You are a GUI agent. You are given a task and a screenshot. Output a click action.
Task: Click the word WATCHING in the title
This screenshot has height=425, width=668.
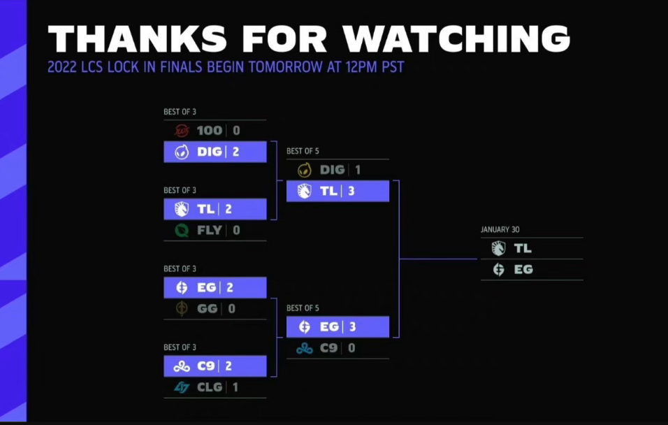pos(456,38)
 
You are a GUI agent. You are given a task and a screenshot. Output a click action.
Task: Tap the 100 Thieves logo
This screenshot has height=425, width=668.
pos(182,131)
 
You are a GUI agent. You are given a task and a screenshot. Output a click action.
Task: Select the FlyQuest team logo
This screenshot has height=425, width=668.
pos(182,230)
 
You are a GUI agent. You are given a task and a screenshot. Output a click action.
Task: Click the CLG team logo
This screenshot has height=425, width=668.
pos(182,387)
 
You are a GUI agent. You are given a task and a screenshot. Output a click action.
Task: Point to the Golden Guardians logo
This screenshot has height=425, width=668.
pos(182,308)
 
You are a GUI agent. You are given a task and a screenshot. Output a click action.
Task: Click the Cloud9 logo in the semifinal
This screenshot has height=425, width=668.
pos(305,348)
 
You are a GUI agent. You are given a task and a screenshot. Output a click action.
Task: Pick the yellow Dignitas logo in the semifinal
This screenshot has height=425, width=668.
pos(305,170)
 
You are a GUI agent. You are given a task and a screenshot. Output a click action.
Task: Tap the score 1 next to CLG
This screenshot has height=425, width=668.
pos(235,387)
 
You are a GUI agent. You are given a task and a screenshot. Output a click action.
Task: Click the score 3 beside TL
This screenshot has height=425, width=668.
pos(351,191)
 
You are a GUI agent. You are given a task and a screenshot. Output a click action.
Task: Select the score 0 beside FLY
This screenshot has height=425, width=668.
pos(236,230)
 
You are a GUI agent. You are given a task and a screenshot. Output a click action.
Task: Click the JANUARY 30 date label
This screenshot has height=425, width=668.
pos(500,229)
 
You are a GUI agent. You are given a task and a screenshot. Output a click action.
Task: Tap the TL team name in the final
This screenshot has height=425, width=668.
pos(523,248)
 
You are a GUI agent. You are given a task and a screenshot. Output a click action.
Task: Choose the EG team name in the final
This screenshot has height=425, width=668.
pos(523,269)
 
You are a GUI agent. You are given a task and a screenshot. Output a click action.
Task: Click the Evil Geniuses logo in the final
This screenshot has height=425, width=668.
pos(498,269)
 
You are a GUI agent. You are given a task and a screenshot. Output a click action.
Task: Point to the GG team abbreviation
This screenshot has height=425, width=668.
pos(208,308)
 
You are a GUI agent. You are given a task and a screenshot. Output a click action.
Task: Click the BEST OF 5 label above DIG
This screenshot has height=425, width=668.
pos(303,151)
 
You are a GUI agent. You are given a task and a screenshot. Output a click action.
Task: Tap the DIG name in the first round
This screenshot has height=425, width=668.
pos(209,152)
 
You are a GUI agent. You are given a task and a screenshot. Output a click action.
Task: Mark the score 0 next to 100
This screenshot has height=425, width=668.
pos(236,131)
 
